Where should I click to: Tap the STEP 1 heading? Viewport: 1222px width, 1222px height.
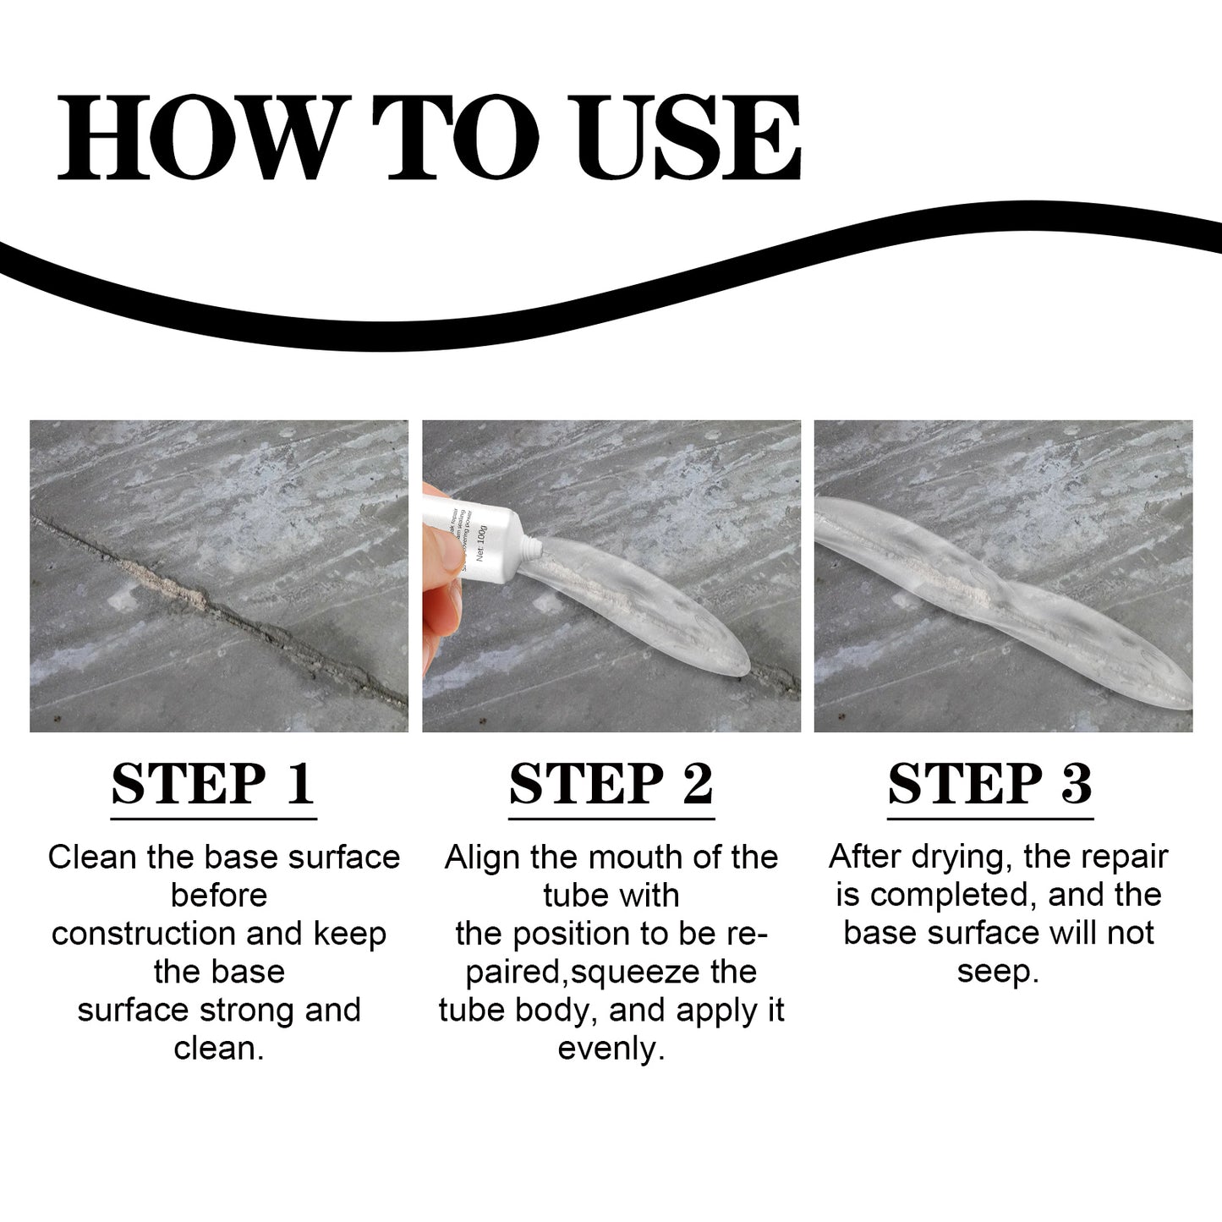[213, 784]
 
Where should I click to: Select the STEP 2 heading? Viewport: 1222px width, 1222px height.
[611, 784]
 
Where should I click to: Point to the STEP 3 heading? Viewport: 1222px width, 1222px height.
[989, 784]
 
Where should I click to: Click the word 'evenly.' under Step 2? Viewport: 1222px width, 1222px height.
[611, 1049]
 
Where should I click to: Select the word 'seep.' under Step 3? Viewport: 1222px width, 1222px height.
[998, 972]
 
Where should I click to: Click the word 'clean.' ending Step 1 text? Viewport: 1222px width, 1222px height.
[219, 1049]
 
